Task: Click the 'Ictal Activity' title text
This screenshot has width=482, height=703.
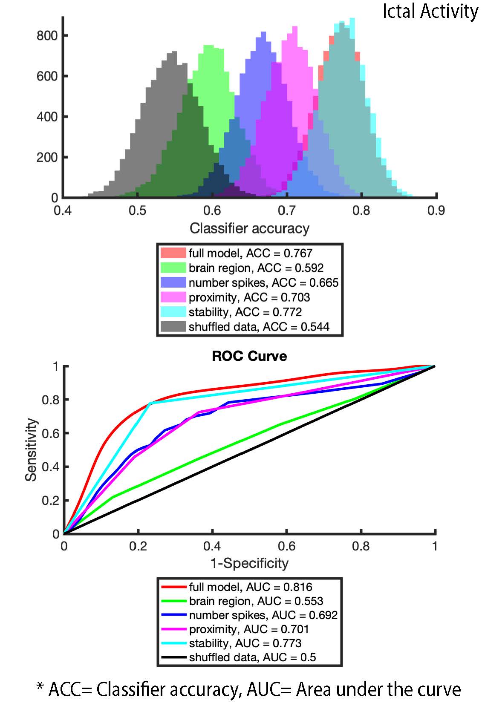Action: tap(430, 12)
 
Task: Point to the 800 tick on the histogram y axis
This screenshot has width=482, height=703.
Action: tap(47, 35)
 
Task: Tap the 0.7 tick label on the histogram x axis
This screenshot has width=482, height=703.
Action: tap(286, 210)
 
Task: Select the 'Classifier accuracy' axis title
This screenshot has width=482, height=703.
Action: tap(249, 228)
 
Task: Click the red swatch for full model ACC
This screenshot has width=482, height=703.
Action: tap(173, 253)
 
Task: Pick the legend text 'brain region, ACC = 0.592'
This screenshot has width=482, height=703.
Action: tap(256, 268)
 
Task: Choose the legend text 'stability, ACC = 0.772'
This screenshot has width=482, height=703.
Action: tap(245, 312)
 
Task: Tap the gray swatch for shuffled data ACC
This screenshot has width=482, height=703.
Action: tap(173, 327)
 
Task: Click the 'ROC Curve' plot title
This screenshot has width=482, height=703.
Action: tap(249, 356)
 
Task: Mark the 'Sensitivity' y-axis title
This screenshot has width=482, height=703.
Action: tap(31, 449)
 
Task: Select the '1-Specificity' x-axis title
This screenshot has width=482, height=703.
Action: tap(249, 563)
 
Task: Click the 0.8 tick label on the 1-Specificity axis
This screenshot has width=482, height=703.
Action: tap(361, 546)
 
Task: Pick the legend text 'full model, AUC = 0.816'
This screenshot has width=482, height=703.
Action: tap(250, 587)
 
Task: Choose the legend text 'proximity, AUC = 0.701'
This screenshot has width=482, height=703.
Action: tap(249, 629)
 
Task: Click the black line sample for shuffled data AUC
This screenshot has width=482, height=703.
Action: tap(174, 657)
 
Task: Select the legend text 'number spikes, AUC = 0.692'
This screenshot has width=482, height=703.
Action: tap(263, 615)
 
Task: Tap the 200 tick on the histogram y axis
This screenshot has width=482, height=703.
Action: tap(47, 157)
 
